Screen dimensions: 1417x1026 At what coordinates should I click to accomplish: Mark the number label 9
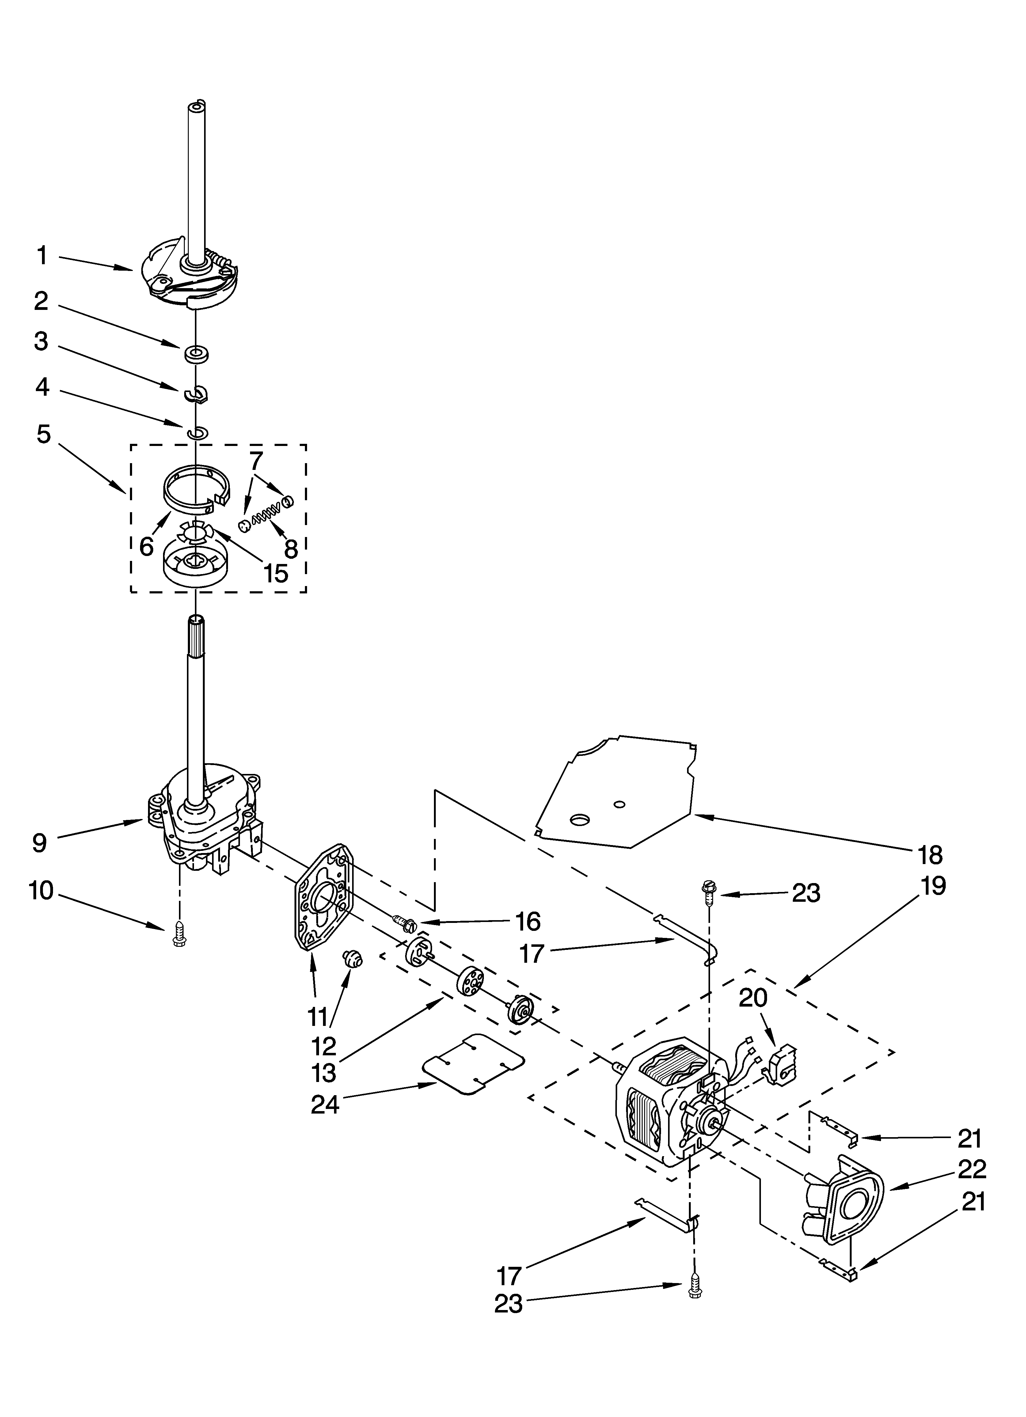[39, 843]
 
